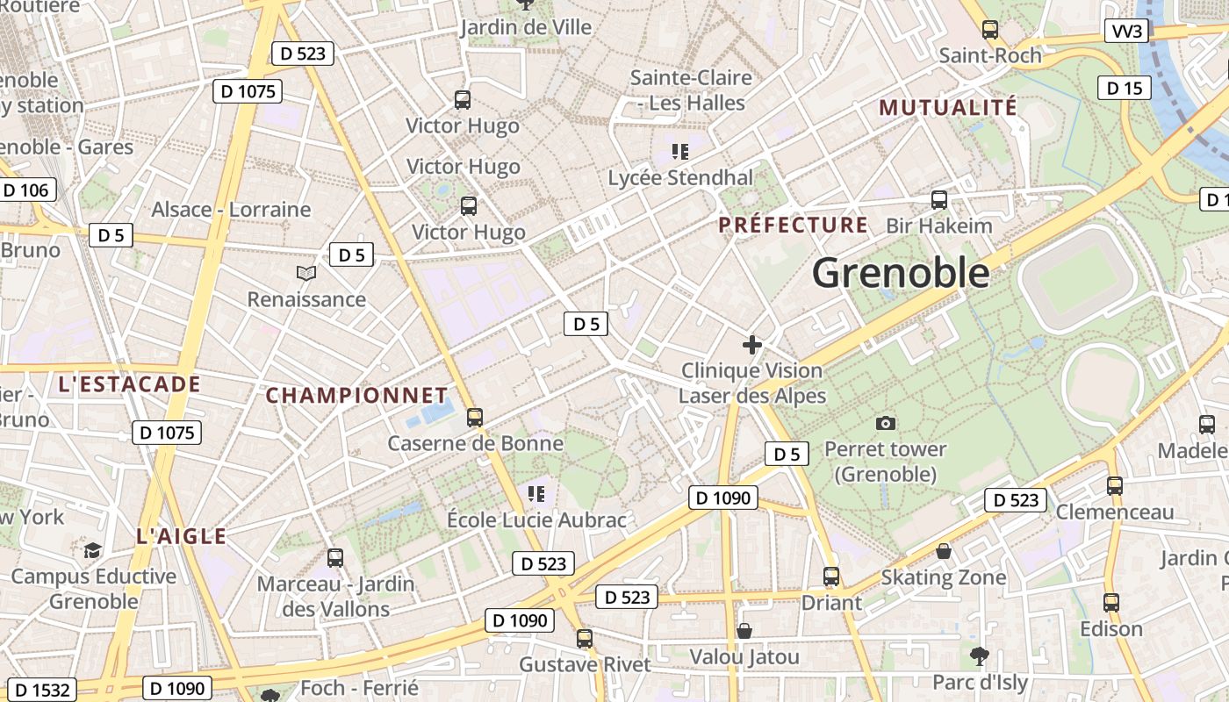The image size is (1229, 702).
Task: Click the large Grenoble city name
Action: [x=901, y=273]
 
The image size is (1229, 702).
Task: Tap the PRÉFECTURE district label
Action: [x=794, y=226]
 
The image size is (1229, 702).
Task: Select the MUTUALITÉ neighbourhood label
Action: [x=948, y=108]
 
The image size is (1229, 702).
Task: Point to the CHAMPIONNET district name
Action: [x=357, y=396]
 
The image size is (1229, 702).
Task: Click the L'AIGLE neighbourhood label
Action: [x=182, y=536]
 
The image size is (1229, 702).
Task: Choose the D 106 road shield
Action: [x=25, y=190]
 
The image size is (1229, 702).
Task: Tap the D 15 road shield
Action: [x=1125, y=88]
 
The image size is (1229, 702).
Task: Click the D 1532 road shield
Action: [x=42, y=690]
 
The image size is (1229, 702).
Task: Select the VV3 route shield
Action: [x=1128, y=32]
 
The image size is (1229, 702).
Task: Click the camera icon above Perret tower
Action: [x=886, y=424]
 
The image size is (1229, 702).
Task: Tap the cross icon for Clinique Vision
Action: [x=752, y=345]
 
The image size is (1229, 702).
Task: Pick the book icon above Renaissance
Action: [x=306, y=274]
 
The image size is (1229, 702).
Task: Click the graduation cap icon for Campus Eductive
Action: [x=92, y=550]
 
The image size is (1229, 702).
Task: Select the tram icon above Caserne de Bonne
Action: [x=475, y=417]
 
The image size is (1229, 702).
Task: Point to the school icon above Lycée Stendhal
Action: [x=680, y=152]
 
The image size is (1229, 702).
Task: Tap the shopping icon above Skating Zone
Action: [x=944, y=551]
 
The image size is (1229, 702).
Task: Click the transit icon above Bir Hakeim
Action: [x=939, y=200]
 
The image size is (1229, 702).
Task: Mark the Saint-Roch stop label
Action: [x=990, y=55]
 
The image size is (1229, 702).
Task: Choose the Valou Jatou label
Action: [x=744, y=657]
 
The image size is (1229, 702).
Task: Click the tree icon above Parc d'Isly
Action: [x=980, y=655]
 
